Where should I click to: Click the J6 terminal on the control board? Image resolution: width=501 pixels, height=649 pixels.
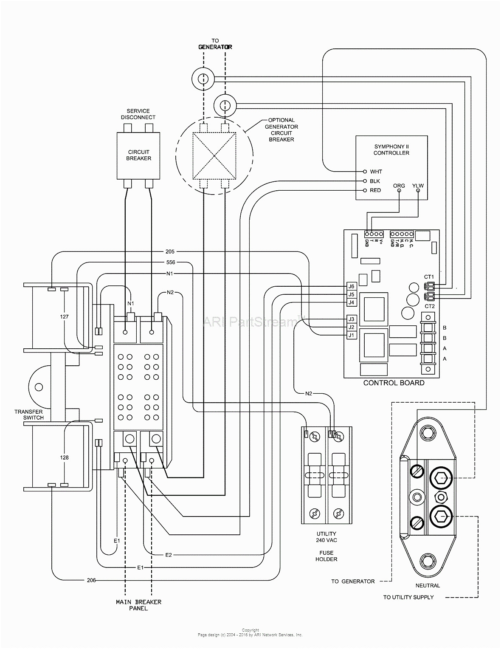351,286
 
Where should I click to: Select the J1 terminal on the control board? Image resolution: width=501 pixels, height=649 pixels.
351,335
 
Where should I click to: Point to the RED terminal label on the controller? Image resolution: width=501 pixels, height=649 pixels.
375,190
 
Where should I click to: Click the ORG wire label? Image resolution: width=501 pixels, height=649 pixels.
399,186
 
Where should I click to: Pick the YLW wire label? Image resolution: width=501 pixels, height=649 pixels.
418,186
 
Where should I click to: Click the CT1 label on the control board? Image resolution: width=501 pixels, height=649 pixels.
429,277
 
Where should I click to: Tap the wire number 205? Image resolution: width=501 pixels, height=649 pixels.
169,251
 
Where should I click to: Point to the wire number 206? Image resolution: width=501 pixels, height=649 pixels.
91,580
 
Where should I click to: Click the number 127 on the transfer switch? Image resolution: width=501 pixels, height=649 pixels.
64,317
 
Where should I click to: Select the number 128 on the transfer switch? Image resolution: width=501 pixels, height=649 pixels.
64,458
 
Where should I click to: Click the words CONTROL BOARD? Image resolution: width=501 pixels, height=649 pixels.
394,383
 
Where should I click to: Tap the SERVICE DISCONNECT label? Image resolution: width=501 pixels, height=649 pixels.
138,114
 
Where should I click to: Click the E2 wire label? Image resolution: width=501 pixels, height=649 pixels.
169,555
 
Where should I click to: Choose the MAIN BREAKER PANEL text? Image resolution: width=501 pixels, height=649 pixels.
138,605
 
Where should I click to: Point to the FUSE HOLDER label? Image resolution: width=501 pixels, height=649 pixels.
326,556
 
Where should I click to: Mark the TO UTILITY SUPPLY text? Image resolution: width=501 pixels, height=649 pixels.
408,597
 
